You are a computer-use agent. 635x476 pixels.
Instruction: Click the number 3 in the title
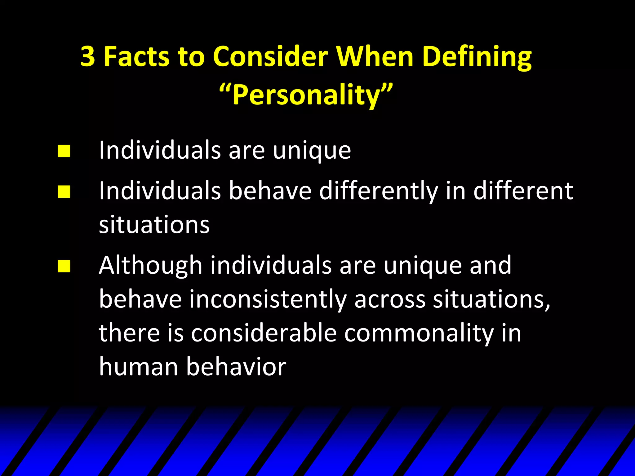tap(88, 57)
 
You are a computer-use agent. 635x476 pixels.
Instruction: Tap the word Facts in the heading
tap(136, 57)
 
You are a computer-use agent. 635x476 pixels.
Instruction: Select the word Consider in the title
tap(270, 57)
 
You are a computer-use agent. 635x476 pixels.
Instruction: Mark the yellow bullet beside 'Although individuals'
tap(64, 266)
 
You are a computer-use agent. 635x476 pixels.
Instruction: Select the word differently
tap(379, 191)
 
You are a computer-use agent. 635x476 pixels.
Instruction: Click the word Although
tap(151, 266)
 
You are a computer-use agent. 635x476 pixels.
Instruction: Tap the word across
tap(390, 299)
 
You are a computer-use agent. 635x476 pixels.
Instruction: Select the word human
tap(138, 367)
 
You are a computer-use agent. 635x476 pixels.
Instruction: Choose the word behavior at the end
tap(236, 367)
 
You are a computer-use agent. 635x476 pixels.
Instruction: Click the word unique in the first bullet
tap(312, 151)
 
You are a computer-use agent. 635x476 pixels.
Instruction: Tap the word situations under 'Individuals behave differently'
tap(154, 224)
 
